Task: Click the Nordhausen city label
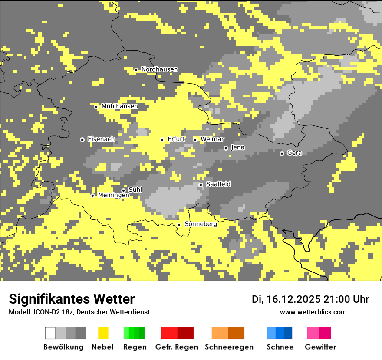[159, 69]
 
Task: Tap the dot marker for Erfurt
[162, 140]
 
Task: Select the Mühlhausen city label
[120, 106]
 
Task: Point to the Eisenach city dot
[82, 140]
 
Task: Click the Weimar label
[212, 139]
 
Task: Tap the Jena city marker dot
[226, 148]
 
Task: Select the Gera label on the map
[294, 153]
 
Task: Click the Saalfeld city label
[218, 184]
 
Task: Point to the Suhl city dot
[123, 190]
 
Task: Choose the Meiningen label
[113, 196]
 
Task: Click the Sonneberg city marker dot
[179, 225]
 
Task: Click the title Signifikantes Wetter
[72, 299]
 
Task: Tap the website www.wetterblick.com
[313, 312]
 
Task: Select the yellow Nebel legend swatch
[103, 333]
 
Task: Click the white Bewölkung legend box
[50, 333]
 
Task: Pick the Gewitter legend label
[320, 347]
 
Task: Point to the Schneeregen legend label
[229, 347]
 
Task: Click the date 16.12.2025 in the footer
[293, 299]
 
